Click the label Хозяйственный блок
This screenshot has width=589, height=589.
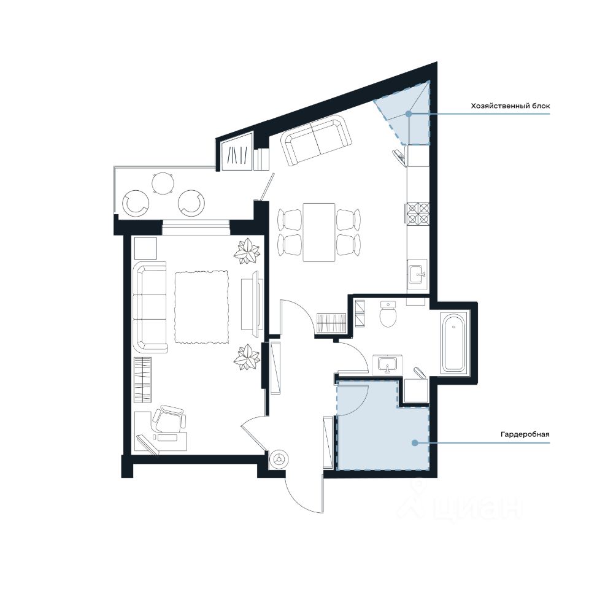(510, 106)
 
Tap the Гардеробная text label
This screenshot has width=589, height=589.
(525, 434)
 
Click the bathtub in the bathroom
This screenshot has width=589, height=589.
(455, 342)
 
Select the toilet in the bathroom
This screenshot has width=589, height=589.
(388, 314)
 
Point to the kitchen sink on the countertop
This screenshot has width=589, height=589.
(417, 274)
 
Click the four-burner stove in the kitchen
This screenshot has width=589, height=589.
(417, 214)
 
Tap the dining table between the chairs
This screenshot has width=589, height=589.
(319, 232)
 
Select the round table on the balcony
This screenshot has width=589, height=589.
(163, 183)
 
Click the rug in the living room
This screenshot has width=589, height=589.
(202, 307)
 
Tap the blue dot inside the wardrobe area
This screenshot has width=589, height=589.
(414, 443)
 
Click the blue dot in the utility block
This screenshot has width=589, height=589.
(409, 114)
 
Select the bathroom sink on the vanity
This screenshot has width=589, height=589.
(388, 364)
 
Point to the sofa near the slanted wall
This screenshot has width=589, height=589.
(317, 140)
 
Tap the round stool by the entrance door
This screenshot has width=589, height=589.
(279, 459)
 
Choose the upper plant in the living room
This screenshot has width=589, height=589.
(247, 250)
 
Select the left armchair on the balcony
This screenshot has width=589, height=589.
(136, 203)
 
